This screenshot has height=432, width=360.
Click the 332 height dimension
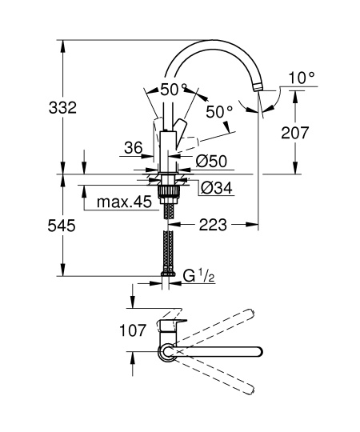pos(62,108)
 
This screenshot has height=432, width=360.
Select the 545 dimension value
pos(62,226)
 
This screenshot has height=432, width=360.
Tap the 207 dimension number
pos(297,133)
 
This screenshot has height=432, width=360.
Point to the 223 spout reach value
pos(212,226)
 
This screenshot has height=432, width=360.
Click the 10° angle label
pos(302,78)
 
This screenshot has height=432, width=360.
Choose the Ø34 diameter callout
pos(212,189)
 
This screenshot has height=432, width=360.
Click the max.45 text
pos(124,202)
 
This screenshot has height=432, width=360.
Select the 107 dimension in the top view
pos(110,330)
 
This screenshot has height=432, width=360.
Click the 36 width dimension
pos(133,147)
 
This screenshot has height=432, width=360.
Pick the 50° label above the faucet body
pos(173,90)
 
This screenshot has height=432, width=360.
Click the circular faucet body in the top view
pos(167,351)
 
